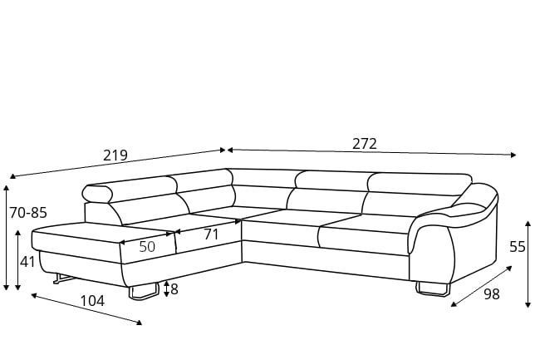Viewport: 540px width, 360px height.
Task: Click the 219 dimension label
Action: (x=115, y=155)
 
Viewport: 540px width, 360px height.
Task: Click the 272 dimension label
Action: (x=365, y=144)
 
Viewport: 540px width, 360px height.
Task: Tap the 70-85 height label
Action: (x=28, y=213)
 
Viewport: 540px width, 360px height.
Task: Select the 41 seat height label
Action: (x=27, y=262)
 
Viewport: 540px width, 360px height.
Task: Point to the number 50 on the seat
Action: (x=147, y=247)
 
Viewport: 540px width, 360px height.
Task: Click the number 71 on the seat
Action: (x=211, y=234)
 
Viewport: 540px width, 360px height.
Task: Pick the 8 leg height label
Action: (x=174, y=289)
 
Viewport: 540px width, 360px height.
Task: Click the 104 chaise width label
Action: (x=92, y=301)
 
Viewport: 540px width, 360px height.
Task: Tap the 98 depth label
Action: (x=492, y=294)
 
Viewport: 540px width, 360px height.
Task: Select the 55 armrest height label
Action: (x=518, y=247)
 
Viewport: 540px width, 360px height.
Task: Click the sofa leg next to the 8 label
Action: (x=144, y=291)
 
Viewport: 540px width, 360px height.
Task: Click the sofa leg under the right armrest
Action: (x=433, y=288)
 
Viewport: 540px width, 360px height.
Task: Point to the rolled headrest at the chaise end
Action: (x=97, y=194)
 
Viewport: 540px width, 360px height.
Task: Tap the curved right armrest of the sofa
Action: (x=454, y=229)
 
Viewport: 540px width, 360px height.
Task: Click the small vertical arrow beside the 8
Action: (x=167, y=288)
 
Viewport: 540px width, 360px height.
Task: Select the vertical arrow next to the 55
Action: (x=528, y=264)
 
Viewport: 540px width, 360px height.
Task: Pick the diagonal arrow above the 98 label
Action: (x=482, y=286)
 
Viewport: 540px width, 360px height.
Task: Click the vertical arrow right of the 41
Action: (x=18, y=260)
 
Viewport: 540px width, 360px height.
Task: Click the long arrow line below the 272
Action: (x=371, y=152)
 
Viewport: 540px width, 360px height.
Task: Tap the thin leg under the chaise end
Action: (x=63, y=279)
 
